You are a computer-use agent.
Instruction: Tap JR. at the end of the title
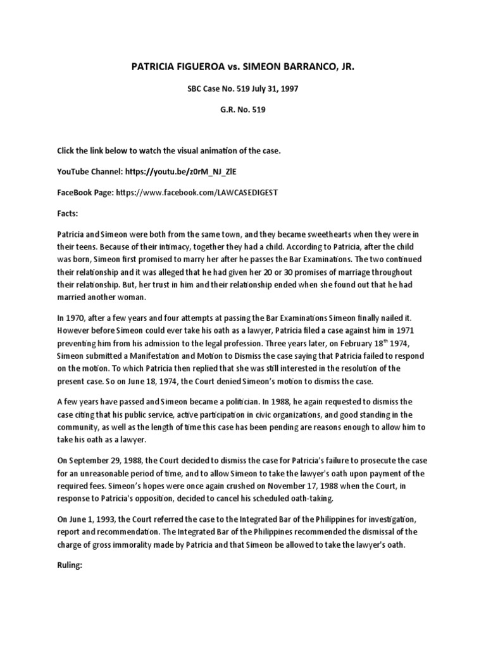coord(344,65)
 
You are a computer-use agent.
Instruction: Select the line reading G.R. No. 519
coord(243,110)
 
